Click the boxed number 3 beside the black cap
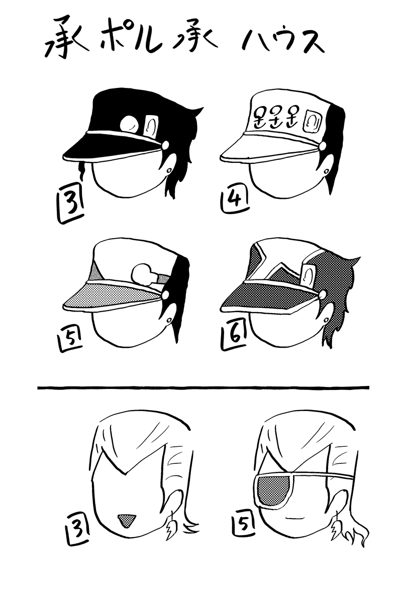70,206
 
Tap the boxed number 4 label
235,201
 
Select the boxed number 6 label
234,336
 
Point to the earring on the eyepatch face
336,526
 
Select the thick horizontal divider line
203,387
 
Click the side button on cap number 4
323,146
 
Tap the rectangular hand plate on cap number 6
308,274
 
